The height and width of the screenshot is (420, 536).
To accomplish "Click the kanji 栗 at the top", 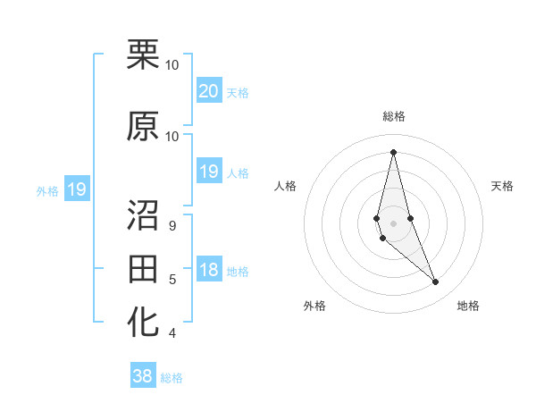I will pyautogui.click(x=144, y=56).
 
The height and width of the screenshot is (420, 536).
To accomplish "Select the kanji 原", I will pyautogui.click(x=144, y=127).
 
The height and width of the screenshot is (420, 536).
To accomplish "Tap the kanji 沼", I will pyautogui.click(x=144, y=214).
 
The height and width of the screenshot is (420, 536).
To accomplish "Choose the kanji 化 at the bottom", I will pyautogui.click(x=144, y=323).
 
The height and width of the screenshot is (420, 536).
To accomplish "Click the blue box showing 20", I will pyautogui.click(x=209, y=90).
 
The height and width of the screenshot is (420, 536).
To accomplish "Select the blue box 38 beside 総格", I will pyautogui.click(x=143, y=376).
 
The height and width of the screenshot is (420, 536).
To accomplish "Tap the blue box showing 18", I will pyautogui.click(x=209, y=270).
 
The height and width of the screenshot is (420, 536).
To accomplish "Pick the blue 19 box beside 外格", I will pyautogui.click(x=76, y=189).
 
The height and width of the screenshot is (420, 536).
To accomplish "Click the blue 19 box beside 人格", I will pyautogui.click(x=209, y=172).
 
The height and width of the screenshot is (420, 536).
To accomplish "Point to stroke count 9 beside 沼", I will pyautogui.click(x=172, y=225).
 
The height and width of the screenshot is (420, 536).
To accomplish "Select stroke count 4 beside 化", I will pyautogui.click(x=172, y=333).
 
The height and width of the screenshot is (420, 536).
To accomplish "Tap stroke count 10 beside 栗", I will pyautogui.click(x=172, y=65).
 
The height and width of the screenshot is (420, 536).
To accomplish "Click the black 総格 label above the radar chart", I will pyautogui.click(x=394, y=116).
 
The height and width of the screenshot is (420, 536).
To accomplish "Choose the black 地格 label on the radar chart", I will pyautogui.click(x=468, y=306).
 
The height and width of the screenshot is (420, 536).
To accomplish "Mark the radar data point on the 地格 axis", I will pyautogui.click(x=436, y=282).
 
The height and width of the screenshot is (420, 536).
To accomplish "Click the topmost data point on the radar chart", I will pyautogui.click(x=393, y=152).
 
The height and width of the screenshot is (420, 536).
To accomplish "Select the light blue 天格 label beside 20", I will pyautogui.click(x=238, y=92).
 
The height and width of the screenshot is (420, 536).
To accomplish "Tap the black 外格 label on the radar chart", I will pyautogui.click(x=314, y=306).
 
